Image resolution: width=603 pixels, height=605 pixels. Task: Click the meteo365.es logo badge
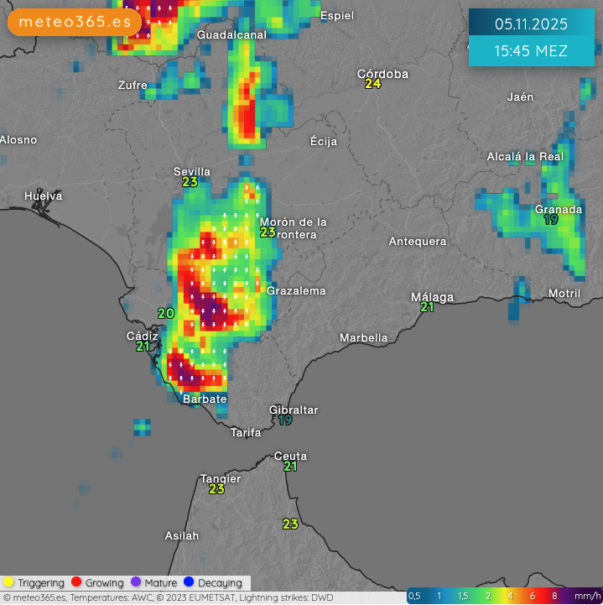pyautogui.click(x=75, y=22)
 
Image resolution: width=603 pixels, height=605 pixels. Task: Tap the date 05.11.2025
pyautogui.click(x=531, y=23)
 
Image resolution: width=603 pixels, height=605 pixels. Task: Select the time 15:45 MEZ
pyautogui.click(x=531, y=51)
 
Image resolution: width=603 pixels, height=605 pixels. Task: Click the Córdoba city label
pyautogui.click(x=382, y=74)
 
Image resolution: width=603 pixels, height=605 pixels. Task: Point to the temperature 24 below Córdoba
pyautogui.click(x=373, y=85)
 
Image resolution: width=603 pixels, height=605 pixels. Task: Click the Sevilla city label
pyautogui.click(x=192, y=171)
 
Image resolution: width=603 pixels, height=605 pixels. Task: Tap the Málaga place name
pyautogui.click(x=432, y=297)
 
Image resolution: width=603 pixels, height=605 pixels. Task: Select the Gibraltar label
pyautogui.click(x=294, y=409)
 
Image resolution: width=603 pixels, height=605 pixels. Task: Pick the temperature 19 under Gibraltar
pyautogui.click(x=285, y=420)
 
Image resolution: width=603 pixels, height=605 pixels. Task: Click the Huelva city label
pyautogui.click(x=44, y=196)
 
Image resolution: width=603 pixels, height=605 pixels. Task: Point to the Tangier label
pyautogui.click(x=221, y=478)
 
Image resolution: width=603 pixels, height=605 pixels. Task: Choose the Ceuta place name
pyautogui.click(x=291, y=456)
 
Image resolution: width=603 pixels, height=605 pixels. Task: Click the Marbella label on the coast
pyautogui.click(x=363, y=337)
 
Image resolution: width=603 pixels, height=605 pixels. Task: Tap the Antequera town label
pyautogui.click(x=418, y=241)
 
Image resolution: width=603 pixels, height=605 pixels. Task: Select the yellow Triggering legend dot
pyautogui.click(x=8, y=582)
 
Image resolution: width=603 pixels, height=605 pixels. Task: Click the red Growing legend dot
pyautogui.click(x=76, y=582)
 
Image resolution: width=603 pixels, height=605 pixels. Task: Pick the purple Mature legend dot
pyautogui.click(x=136, y=582)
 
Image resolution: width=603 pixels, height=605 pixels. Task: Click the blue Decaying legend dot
pyautogui.click(x=189, y=582)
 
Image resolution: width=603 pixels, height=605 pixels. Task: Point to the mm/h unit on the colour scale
pyautogui.click(x=585, y=596)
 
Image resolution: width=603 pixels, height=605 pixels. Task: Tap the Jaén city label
pyautogui.click(x=520, y=96)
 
